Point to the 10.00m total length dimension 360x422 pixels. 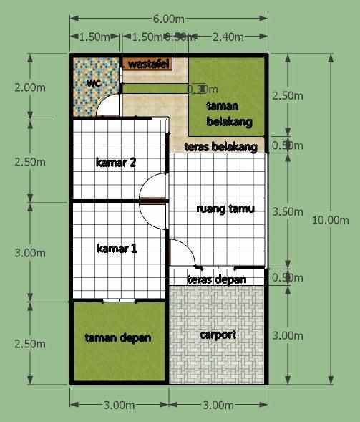[x=330, y=220]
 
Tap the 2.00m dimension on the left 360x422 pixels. [x=29, y=87]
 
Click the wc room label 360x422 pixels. [x=93, y=82]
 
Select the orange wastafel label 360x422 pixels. [x=148, y=64]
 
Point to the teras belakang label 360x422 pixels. [x=220, y=146]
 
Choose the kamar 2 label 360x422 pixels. [x=116, y=162]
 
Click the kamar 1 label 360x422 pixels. [x=117, y=249]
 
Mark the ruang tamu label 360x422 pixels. [x=225, y=209]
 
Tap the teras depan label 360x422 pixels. [x=216, y=279]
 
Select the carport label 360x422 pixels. [x=218, y=335]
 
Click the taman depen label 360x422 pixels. [x=117, y=337]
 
